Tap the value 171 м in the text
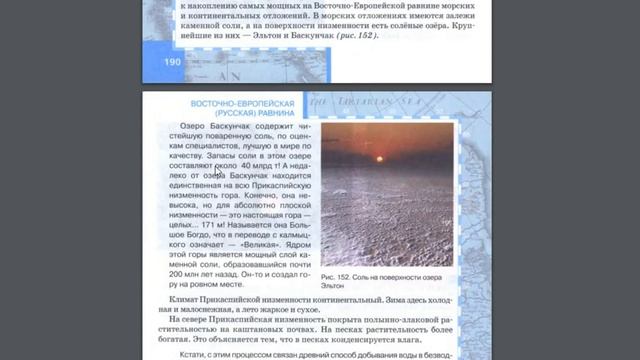[237, 225]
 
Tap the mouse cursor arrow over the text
[217, 175]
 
